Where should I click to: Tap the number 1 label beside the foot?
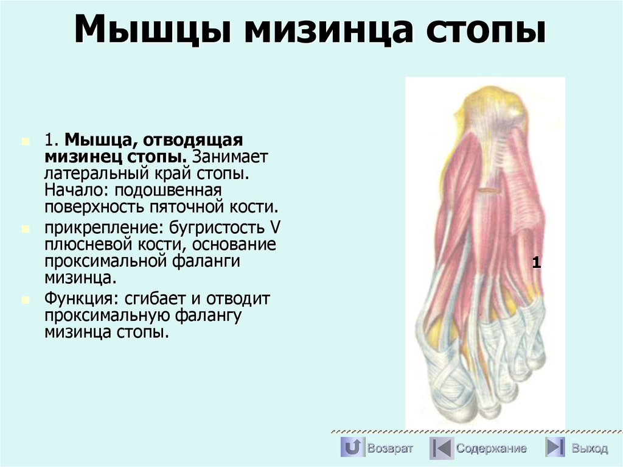point(536,263)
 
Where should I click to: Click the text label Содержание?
point(492,449)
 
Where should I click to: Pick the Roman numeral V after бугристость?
point(275,228)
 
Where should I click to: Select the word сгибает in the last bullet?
point(155,300)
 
